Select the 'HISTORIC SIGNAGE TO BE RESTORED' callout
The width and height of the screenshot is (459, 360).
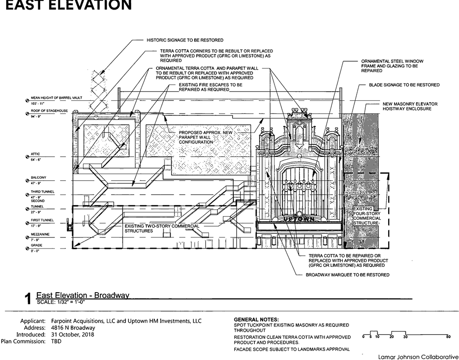185,40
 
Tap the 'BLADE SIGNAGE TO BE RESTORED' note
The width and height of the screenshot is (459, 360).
404,85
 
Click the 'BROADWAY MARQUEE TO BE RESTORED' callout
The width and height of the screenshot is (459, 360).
348,275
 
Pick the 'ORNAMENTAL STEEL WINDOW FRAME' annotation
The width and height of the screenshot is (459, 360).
392,66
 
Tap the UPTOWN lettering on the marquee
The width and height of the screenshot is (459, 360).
299,218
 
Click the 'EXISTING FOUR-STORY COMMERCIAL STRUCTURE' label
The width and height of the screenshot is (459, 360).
367,216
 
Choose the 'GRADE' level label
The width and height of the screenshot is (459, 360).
36,245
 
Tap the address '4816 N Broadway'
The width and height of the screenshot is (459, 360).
72,327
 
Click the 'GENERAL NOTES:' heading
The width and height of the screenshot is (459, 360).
256,319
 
